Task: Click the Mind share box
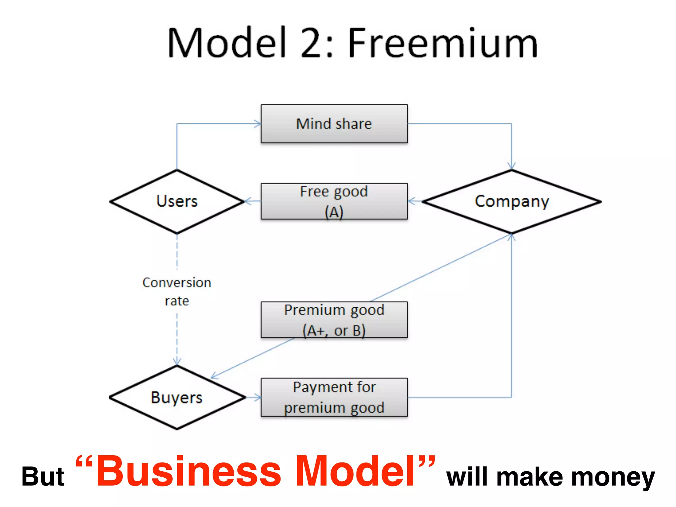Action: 334,124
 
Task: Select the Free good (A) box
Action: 334,201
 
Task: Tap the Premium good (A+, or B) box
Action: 334,320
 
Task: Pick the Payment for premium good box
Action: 334,397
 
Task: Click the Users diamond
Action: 177,201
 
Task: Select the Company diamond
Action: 512,201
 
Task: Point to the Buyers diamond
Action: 177,397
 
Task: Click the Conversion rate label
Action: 177,291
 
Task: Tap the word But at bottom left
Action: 43,477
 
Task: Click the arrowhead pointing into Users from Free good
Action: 248,201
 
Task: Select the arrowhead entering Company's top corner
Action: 512,166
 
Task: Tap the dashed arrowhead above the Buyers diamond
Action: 177,362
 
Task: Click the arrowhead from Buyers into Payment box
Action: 258,397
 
